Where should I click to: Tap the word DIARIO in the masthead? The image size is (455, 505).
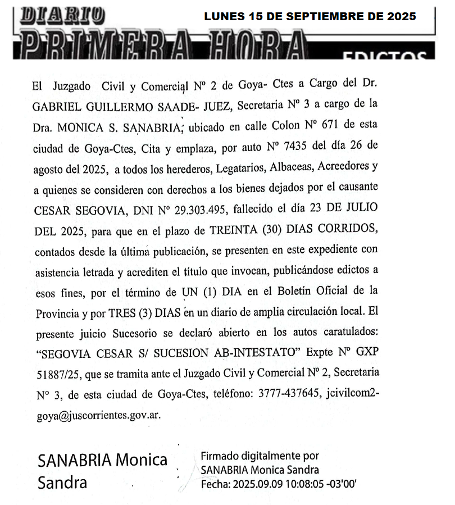coord(62,15)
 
